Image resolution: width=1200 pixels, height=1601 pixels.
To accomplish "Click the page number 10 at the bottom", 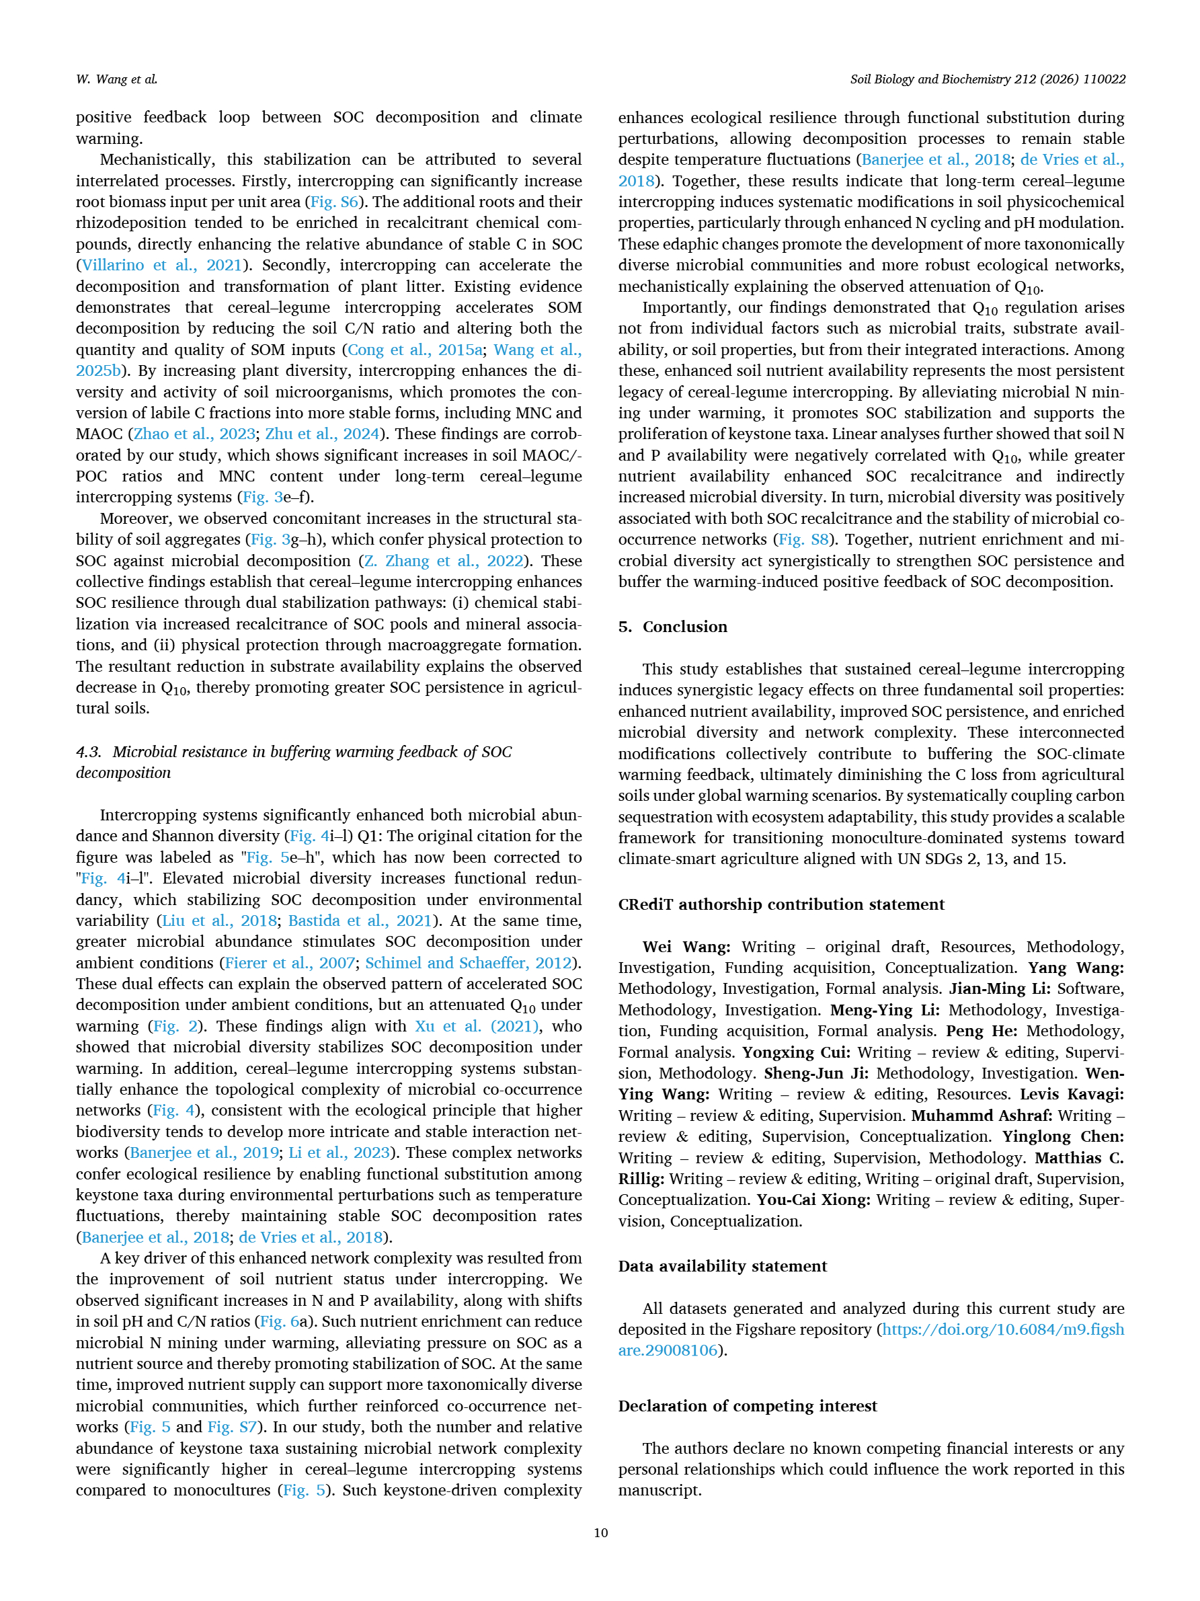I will [x=600, y=1532].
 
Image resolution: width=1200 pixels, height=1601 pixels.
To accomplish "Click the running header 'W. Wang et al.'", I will [x=116, y=79].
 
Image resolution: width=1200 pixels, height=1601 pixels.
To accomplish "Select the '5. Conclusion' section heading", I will [x=672, y=627].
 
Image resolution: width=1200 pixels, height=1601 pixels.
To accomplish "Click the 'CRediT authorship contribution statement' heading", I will [x=781, y=904].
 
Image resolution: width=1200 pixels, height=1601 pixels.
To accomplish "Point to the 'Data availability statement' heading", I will [x=722, y=1266].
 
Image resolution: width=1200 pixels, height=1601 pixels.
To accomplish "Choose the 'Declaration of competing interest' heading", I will [x=747, y=1405].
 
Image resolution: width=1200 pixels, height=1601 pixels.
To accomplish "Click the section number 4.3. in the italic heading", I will [x=89, y=752].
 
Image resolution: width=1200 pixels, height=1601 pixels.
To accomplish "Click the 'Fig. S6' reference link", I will [x=333, y=202].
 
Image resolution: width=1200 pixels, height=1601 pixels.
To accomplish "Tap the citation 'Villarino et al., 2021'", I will [x=161, y=265].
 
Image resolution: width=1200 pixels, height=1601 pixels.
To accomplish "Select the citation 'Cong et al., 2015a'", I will [x=415, y=350].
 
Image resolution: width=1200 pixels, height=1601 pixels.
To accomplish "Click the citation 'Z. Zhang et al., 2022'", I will [x=443, y=561].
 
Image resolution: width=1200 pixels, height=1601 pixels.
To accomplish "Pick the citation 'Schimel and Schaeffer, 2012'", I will [x=469, y=963].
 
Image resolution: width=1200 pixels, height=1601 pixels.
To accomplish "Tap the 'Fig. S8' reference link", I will [x=803, y=539].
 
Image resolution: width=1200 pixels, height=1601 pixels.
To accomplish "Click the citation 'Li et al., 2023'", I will [x=339, y=1153].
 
